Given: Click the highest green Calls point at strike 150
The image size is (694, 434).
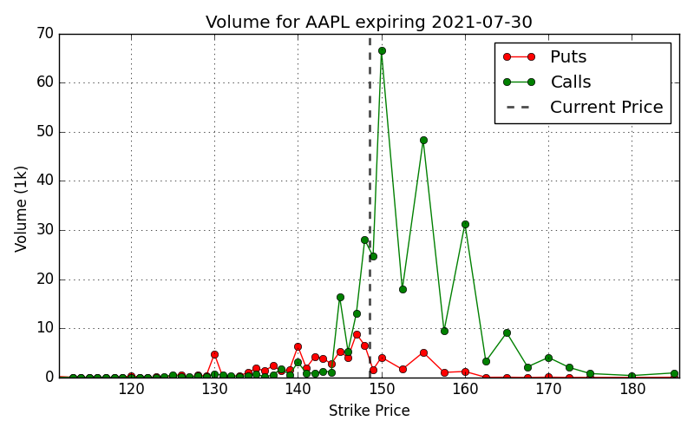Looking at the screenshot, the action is [x=382, y=51].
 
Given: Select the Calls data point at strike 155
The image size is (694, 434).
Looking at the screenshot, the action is [x=423, y=141].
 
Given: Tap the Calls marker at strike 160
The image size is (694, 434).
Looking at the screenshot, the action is [x=465, y=225].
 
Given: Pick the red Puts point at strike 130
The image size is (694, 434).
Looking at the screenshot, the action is [x=214, y=354].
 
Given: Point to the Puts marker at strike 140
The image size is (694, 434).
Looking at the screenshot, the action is [x=298, y=346].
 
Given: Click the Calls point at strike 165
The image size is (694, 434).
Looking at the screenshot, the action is [x=507, y=333].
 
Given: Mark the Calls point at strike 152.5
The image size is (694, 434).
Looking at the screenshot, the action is [x=403, y=289].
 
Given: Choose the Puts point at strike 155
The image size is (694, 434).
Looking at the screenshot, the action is [x=423, y=353].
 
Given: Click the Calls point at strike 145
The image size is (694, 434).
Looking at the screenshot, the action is [x=340, y=297].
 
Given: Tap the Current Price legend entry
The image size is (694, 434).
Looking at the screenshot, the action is [x=583, y=107].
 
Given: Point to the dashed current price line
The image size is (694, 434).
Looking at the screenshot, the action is [x=370, y=206].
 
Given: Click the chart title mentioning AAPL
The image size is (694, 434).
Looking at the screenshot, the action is [x=370, y=22].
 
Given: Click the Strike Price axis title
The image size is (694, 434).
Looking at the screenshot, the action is [x=370, y=411].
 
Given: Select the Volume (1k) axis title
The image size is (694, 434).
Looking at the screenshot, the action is [x=21, y=209].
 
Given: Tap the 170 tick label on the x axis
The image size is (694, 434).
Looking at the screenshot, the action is [x=549, y=389].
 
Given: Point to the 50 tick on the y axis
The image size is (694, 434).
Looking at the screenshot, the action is [x=45, y=132].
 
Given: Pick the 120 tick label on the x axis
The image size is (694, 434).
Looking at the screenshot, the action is [x=131, y=389].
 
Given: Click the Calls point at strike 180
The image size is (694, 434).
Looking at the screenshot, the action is [x=632, y=376].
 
